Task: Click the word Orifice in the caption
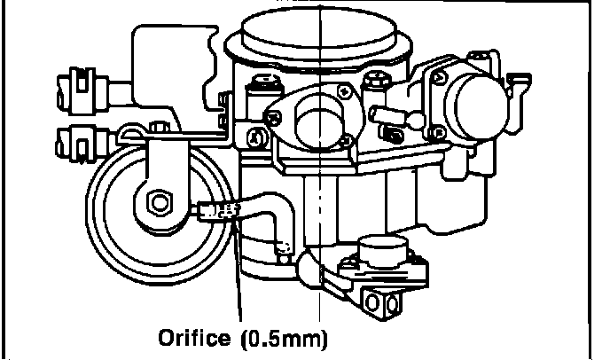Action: (x=188, y=339)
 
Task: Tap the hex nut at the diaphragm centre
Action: (x=159, y=202)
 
